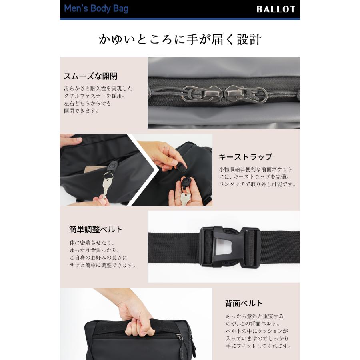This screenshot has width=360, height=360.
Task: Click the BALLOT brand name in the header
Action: tap(276, 9)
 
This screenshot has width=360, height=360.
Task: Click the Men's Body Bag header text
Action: tap(96, 8)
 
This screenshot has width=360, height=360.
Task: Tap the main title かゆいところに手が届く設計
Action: tap(180, 40)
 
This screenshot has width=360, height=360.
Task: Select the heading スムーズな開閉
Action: tap(90, 76)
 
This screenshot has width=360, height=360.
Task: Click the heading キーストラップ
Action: tap(245, 157)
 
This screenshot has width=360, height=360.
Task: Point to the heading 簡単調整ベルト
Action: tap(96, 230)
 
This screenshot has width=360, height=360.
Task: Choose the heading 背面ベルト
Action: tap(244, 303)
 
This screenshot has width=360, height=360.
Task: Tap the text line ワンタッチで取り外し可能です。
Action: tap(257, 184)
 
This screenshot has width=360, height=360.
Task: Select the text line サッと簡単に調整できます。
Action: tap(102, 265)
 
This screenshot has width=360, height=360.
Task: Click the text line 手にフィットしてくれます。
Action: tap(258, 346)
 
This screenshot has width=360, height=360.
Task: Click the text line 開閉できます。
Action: tap(81, 111)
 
